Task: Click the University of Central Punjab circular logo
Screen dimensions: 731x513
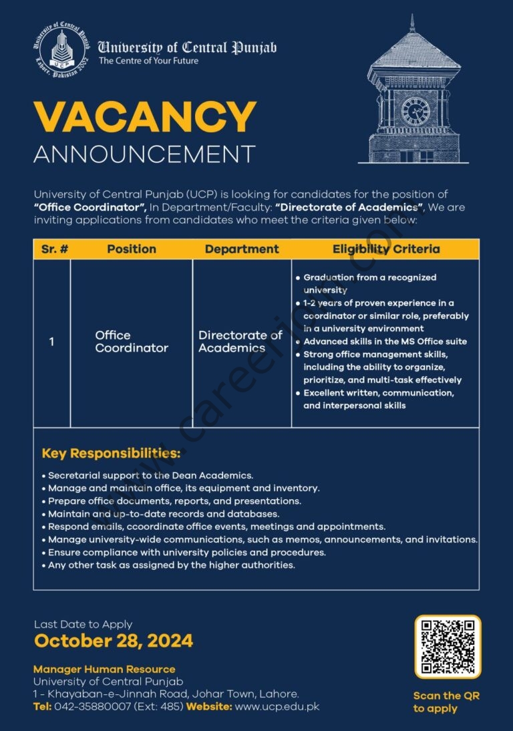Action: tap(61, 49)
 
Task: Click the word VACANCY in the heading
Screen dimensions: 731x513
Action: tap(145, 118)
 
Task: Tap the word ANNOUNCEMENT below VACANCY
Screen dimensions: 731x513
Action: tap(144, 154)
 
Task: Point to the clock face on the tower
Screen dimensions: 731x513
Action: tap(415, 110)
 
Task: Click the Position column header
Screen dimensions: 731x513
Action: tap(132, 249)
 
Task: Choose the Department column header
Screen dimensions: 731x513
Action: tap(242, 249)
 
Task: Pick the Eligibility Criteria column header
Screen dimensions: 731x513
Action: tap(386, 249)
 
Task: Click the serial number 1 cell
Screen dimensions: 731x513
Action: tap(51, 342)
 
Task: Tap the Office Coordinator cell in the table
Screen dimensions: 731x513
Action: tap(132, 341)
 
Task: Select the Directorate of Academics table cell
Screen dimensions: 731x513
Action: tap(240, 341)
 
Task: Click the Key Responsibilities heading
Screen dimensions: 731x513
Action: tap(111, 454)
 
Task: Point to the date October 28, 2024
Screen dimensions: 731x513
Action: tap(114, 641)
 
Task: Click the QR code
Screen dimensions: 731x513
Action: tap(447, 646)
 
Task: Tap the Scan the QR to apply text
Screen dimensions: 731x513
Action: tap(446, 702)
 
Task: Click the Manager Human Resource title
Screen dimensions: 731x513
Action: tap(104, 669)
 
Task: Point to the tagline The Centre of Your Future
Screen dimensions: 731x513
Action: tap(149, 60)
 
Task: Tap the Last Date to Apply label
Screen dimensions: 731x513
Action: tap(83, 624)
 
